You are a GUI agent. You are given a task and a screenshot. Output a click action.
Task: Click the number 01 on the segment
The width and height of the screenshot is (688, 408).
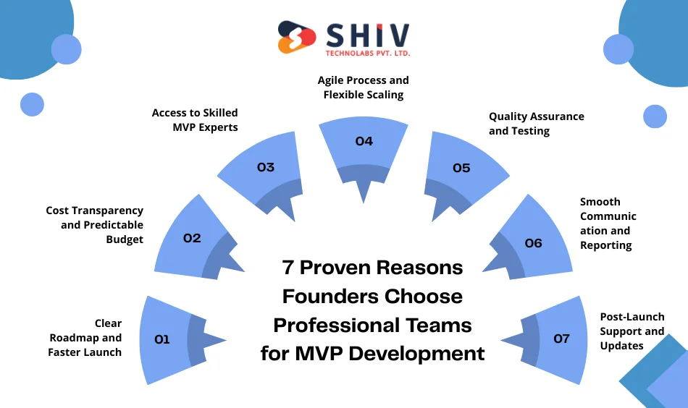pyautogui.click(x=162, y=339)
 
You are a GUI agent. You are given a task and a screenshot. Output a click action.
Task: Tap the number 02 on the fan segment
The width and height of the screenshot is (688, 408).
pyautogui.click(x=192, y=237)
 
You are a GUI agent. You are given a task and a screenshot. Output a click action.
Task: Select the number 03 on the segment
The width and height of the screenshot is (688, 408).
pyautogui.click(x=266, y=167)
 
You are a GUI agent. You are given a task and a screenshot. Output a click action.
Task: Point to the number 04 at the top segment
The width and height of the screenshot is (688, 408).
pyautogui.click(x=364, y=141)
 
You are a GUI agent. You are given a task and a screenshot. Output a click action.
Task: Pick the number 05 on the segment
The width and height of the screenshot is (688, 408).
pyautogui.click(x=461, y=168)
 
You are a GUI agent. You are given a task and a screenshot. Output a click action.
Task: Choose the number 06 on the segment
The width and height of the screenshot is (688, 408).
pyautogui.click(x=533, y=243)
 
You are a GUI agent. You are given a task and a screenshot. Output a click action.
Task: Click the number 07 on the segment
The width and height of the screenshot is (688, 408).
pyautogui.click(x=561, y=338)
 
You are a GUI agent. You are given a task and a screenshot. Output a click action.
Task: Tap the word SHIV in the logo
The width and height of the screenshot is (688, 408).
pyautogui.click(x=367, y=34)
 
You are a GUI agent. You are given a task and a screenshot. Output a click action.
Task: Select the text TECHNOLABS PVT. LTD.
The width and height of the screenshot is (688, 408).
pyautogui.click(x=367, y=54)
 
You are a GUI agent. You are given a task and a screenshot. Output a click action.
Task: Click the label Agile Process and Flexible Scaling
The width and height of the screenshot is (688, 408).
pyautogui.click(x=364, y=88)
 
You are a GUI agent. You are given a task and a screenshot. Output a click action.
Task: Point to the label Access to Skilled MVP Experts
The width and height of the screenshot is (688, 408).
pyautogui.click(x=195, y=120)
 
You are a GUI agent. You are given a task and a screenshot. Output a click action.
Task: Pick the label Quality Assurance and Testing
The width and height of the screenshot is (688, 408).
pyautogui.click(x=536, y=124)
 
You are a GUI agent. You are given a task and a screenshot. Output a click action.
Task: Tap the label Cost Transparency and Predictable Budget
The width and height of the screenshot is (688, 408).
pyautogui.click(x=95, y=224)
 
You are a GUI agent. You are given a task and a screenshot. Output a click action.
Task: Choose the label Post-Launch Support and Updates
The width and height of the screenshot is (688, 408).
pyautogui.click(x=632, y=331)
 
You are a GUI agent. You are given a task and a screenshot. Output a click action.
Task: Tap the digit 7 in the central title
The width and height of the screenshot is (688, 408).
pyautogui.click(x=288, y=267)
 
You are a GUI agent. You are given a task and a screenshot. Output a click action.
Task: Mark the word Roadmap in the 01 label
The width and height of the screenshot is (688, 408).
pyautogui.click(x=72, y=338)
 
